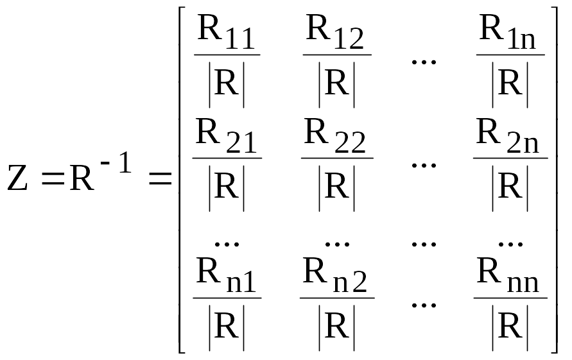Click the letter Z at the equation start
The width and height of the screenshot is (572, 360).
(17, 178)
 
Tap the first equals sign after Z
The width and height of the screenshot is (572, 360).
(53, 179)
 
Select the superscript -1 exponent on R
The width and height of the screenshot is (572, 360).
(116, 162)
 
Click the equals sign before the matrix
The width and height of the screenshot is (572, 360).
(160, 179)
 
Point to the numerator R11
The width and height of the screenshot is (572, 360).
(226, 32)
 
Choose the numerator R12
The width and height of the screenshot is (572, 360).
(335, 32)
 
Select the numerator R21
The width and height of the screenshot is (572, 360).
(226, 135)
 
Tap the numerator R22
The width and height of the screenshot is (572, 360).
(334, 135)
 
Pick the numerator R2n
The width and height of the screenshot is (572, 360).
(507, 135)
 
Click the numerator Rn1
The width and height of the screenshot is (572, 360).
(226, 275)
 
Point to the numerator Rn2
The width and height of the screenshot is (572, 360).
(335, 275)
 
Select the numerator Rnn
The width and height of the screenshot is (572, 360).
(508, 275)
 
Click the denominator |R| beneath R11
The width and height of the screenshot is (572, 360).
(226, 85)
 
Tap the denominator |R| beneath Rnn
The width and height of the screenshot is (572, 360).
(510, 327)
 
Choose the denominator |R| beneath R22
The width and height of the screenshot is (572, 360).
(336, 188)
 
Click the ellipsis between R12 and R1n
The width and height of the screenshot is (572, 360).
(424, 62)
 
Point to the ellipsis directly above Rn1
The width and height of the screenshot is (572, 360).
(227, 244)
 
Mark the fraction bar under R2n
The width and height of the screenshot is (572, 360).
(510, 159)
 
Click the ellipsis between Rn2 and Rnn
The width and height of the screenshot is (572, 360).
(424, 305)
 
